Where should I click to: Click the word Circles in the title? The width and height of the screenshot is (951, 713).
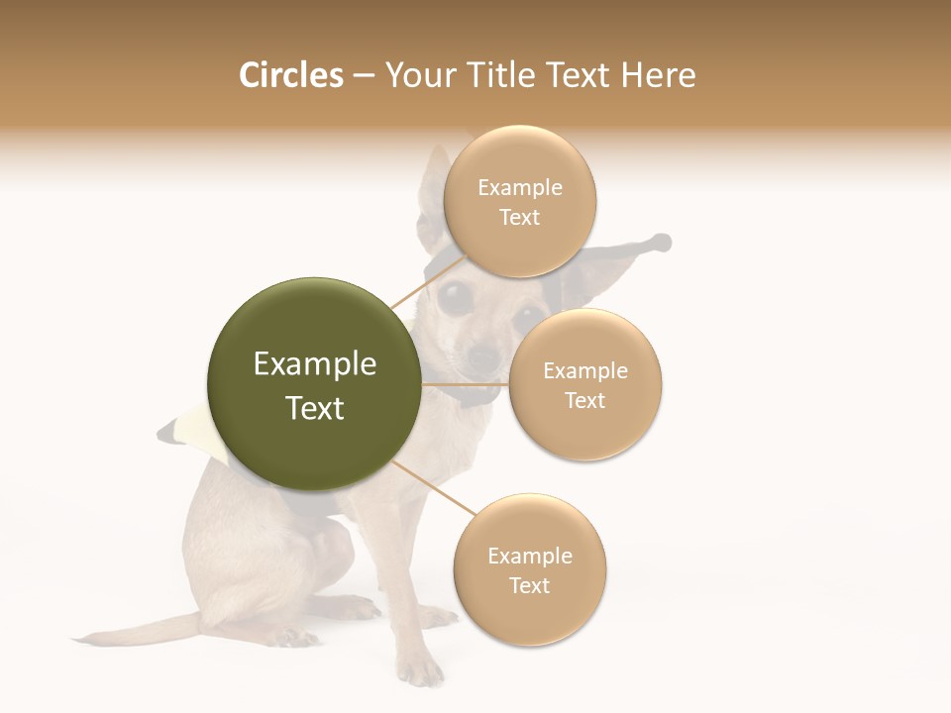(x=290, y=75)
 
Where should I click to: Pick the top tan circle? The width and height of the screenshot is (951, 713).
(x=519, y=202)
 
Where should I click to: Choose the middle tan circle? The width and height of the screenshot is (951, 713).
(x=584, y=384)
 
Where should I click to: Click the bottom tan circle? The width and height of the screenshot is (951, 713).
(x=529, y=570)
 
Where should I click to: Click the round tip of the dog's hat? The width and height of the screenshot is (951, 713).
(x=662, y=241)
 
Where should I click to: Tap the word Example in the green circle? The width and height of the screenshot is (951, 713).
(x=314, y=364)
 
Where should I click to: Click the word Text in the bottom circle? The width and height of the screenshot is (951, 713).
(x=529, y=585)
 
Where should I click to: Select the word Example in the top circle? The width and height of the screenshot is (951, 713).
(x=519, y=187)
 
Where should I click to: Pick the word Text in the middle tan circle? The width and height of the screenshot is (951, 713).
(x=584, y=400)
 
